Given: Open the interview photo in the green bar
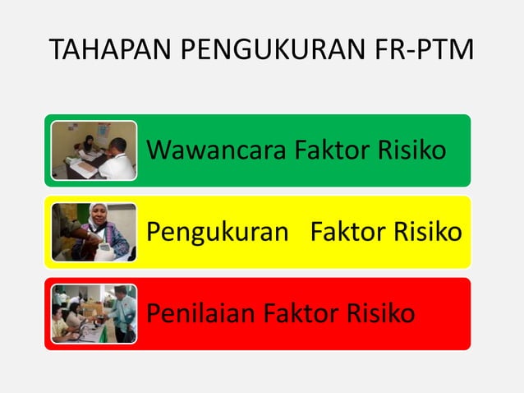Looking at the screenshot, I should pyautogui.click(x=93, y=150).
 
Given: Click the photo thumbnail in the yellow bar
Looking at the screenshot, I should pyautogui.click(x=93, y=232).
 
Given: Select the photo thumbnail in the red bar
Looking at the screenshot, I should pyautogui.click(x=93, y=313).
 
